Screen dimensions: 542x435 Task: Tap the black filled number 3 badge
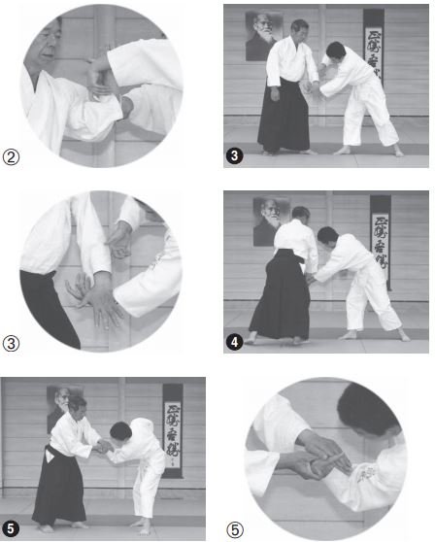tap(235, 155)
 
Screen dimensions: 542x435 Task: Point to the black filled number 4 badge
tap(235, 342)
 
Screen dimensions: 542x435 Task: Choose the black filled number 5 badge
tap(12, 529)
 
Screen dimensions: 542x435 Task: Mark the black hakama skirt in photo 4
tap(279, 301)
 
